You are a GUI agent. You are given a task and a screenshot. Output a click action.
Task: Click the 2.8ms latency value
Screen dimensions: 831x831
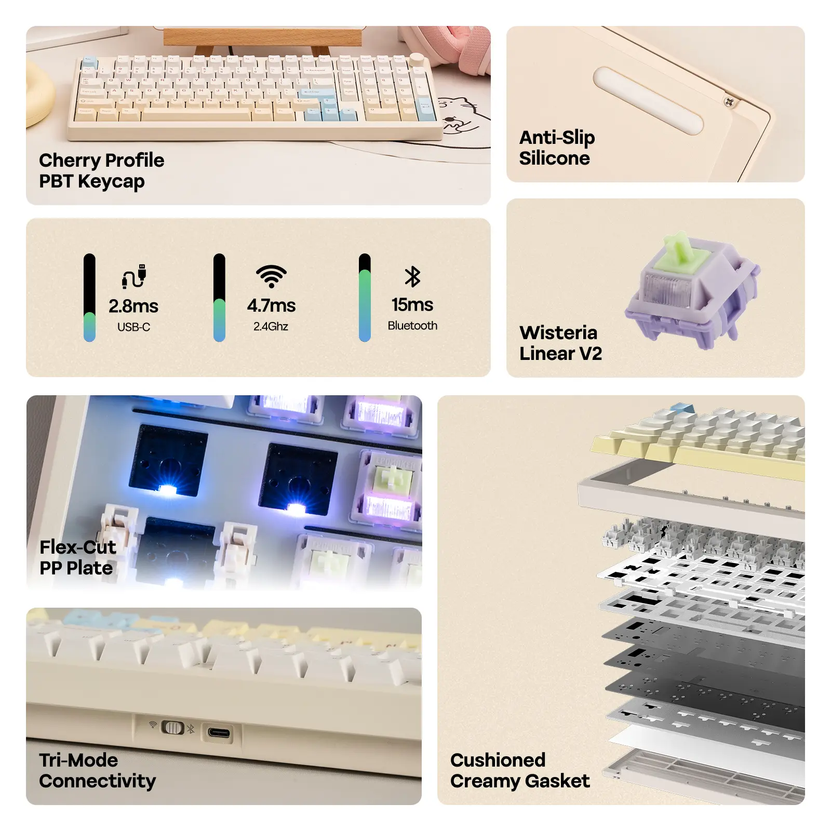point(133,306)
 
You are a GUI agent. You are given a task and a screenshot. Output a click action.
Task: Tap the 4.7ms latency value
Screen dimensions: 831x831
point(271,305)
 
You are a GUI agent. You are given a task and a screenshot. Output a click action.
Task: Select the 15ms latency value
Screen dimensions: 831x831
point(412,304)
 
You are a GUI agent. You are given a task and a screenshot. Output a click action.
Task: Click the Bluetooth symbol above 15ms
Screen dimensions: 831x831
point(412,276)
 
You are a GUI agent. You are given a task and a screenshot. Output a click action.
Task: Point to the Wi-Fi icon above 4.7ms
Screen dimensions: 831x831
point(271,276)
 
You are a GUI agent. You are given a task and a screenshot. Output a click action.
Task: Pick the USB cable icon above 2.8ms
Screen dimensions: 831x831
point(134,276)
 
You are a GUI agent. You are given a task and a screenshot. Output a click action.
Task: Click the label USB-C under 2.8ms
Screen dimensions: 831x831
point(133,327)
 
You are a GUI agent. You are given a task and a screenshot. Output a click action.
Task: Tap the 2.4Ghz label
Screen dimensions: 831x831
point(271,326)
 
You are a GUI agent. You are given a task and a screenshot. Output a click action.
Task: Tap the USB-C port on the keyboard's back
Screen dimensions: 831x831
point(219,733)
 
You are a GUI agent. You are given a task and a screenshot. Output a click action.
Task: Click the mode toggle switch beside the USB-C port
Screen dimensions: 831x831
point(172,727)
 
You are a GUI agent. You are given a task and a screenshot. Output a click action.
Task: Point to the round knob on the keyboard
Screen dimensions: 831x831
point(417,58)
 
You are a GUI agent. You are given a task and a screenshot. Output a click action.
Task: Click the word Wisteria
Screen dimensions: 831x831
point(558,332)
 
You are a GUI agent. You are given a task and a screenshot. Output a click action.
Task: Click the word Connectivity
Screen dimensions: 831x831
point(97,781)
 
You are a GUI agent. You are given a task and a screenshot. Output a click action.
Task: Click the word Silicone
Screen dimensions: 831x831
point(554,158)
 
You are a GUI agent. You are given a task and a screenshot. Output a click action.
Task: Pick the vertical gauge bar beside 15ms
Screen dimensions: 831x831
point(365,298)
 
